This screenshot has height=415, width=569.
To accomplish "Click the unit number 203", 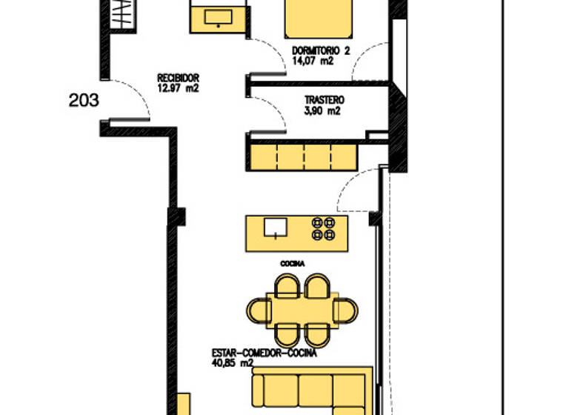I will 83,101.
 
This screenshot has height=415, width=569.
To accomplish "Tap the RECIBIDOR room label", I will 178,78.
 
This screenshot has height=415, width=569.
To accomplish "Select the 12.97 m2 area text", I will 178,88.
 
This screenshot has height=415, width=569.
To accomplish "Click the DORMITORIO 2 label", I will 320,51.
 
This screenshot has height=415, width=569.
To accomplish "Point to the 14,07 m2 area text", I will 312,62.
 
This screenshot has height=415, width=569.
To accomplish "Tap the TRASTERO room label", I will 324,99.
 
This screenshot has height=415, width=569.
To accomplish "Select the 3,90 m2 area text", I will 322,111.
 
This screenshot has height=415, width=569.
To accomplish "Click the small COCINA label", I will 293,263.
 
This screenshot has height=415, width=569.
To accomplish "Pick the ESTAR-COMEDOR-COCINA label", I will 264,354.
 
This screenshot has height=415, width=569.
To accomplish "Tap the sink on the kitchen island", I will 275,226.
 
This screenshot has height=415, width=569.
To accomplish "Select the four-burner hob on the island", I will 324,228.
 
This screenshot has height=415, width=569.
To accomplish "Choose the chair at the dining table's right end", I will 346,310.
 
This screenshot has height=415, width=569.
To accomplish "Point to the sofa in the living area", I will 311,389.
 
